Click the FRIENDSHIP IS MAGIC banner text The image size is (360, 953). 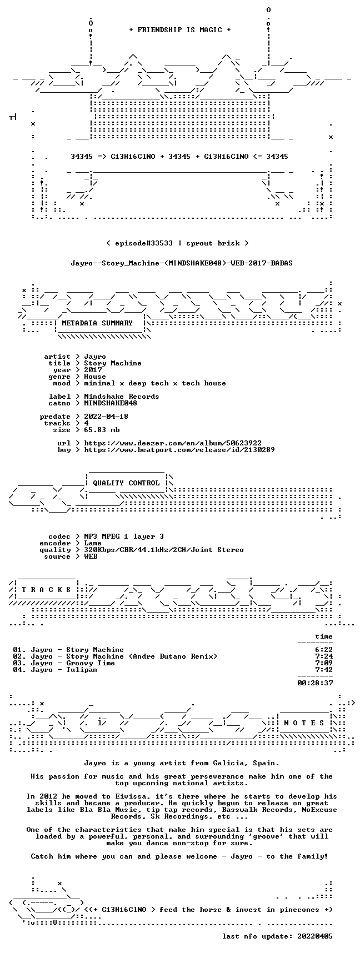(179, 30)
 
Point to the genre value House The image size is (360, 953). (95, 377)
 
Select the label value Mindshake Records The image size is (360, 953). (122, 397)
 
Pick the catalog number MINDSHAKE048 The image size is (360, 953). (111, 403)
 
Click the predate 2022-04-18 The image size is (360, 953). (106, 417)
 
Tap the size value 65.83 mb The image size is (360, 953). (102, 430)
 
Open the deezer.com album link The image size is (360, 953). (173, 443)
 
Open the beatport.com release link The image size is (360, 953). (179, 450)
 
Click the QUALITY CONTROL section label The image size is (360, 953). (126, 483)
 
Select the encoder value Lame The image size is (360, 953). (93, 543)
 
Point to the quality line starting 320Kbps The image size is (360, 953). (164, 550)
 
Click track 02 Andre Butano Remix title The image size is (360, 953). (142, 656)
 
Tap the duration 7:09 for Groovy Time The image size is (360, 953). (324, 663)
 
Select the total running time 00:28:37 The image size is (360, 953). (315, 683)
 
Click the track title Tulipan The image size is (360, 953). (82, 670)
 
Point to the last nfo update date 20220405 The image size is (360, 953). (315, 936)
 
